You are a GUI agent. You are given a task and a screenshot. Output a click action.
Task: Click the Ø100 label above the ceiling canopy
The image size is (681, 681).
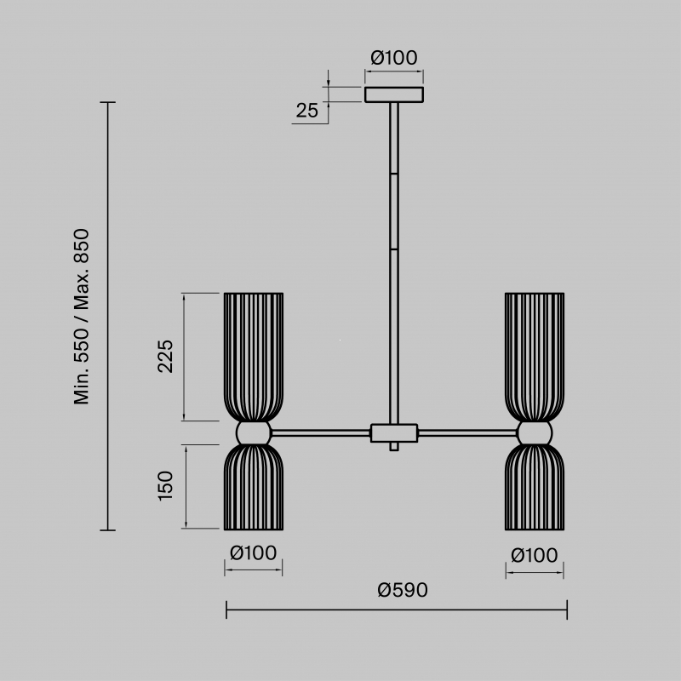tap(394, 58)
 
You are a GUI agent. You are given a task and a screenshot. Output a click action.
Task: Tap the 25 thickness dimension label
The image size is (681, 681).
tap(307, 111)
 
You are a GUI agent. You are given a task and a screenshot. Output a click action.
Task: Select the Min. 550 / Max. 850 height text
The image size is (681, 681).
tap(82, 317)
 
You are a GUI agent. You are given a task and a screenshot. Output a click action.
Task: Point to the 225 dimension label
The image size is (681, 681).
tap(165, 356)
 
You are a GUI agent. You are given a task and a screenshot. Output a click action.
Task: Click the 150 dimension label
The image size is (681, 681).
tap(165, 486)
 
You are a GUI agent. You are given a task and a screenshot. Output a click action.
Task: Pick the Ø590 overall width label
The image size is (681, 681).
tap(403, 590)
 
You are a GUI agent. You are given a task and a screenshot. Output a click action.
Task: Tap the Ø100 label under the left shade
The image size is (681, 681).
tap(253, 552)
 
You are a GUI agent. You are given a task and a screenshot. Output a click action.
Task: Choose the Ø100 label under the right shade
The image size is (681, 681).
tap(535, 556)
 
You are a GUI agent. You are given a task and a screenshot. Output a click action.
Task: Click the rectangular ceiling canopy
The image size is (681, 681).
tap(394, 94)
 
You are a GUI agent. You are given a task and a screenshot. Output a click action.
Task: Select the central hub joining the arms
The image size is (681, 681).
tap(394, 433)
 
